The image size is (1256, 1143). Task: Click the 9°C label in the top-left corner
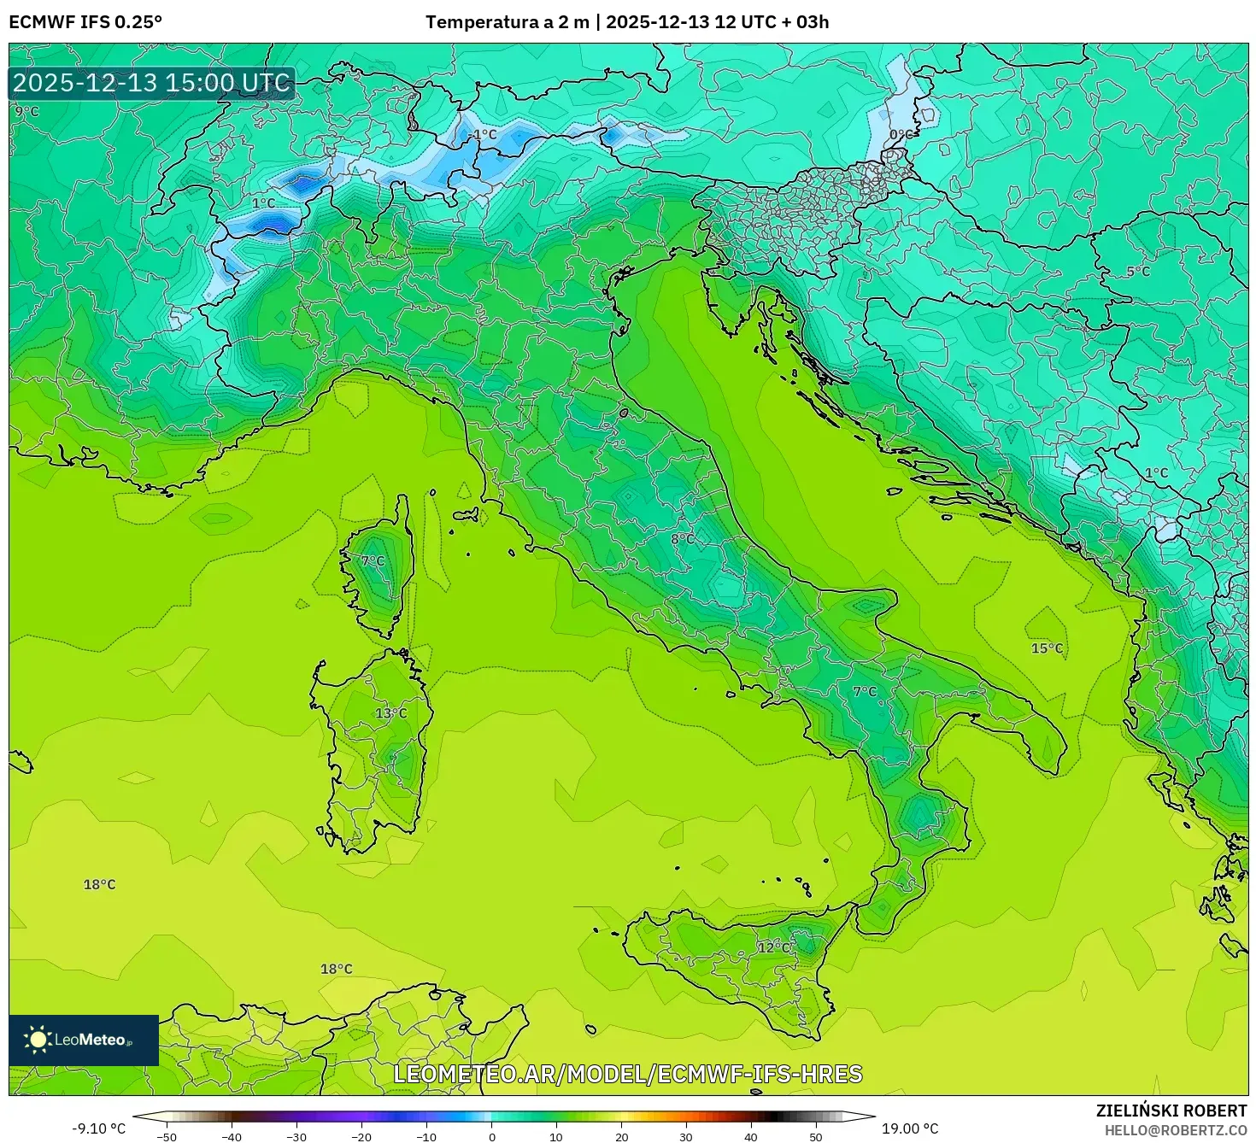click(x=26, y=111)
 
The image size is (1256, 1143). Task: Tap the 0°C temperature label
click(x=901, y=134)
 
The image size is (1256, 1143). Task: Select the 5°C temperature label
click(x=1137, y=272)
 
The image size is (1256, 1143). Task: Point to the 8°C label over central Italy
click(x=683, y=539)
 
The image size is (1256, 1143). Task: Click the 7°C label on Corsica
click(x=373, y=561)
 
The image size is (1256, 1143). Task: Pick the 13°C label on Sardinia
click(x=391, y=713)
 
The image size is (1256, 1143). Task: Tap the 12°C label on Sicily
click(x=774, y=947)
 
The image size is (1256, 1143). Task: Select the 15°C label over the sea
click(x=1047, y=648)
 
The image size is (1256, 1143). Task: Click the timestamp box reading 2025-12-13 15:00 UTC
click(x=152, y=83)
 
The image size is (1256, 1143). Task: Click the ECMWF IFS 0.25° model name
click(x=85, y=22)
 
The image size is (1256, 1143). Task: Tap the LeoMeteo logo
click(x=84, y=1040)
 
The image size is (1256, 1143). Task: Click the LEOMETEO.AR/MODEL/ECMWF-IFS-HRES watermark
click(x=628, y=1074)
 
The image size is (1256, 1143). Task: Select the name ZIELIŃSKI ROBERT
click(x=1171, y=1111)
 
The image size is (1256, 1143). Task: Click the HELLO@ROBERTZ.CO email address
click(x=1174, y=1129)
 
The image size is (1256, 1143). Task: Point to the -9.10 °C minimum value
click(x=98, y=1128)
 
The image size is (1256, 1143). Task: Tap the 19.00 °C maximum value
click(x=910, y=1128)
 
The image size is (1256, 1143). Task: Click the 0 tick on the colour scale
click(x=491, y=1136)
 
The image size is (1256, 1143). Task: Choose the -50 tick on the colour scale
click(x=167, y=1136)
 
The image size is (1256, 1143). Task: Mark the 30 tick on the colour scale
click(x=686, y=1136)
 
